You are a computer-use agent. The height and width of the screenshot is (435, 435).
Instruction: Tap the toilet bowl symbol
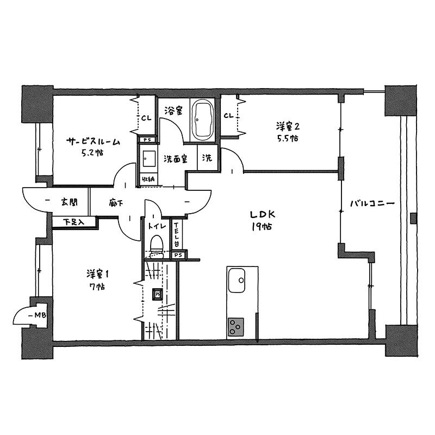click(x=156, y=246)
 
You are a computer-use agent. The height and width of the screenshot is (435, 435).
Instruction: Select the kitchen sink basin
click(x=237, y=280)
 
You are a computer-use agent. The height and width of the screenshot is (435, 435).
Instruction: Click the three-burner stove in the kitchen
click(x=236, y=327)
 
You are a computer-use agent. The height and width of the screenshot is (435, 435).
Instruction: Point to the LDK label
click(x=262, y=214)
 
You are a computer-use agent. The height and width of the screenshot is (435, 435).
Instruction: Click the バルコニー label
click(x=372, y=204)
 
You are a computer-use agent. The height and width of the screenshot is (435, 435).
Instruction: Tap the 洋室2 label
click(x=288, y=127)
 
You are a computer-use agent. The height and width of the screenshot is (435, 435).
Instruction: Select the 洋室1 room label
click(x=97, y=275)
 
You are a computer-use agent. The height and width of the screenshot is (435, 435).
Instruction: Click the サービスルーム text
click(x=93, y=142)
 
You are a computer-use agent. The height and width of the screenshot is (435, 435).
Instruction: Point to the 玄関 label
click(x=70, y=202)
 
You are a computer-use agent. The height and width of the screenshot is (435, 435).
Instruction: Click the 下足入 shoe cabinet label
click(x=73, y=222)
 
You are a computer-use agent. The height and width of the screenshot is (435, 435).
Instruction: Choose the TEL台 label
click(x=176, y=235)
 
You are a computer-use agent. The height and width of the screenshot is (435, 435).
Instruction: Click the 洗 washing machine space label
click(x=207, y=158)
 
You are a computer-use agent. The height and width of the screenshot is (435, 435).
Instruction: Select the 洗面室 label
click(x=175, y=159)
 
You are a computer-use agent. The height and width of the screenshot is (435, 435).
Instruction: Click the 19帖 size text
click(x=262, y=227)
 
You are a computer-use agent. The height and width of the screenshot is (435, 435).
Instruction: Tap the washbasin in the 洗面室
click(x=149, y=159)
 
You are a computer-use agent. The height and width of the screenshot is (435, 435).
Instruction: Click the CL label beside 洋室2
click(x=229, y=116)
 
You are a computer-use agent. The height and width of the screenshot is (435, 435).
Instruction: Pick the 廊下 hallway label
click(x=116, y=203)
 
